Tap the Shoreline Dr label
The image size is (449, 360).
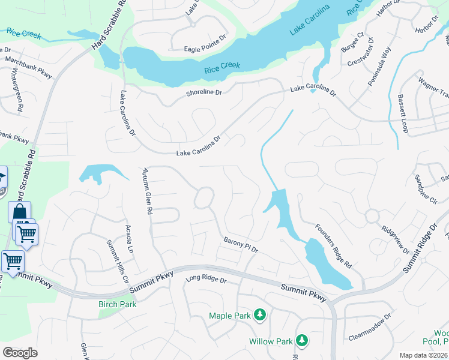point(204,92)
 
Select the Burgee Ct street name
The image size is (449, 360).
point(352,42)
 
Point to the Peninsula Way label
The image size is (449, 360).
point(379,67)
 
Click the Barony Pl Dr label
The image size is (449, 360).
point(240,245)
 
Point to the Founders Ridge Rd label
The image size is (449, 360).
point(331,246)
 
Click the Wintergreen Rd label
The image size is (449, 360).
point(17,90)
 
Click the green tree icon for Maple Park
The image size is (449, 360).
point(259,315)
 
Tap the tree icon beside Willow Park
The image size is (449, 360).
point(302,341)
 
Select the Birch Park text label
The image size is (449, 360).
point(118,304)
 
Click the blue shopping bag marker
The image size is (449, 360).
point(19,212)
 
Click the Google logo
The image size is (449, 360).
point(20,352)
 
